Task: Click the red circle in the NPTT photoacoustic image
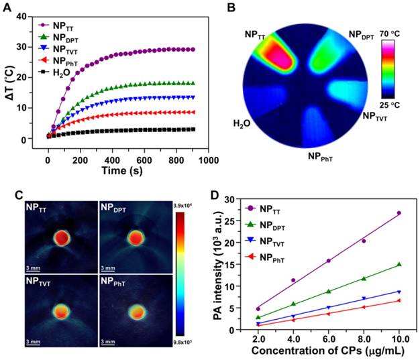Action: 60,237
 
